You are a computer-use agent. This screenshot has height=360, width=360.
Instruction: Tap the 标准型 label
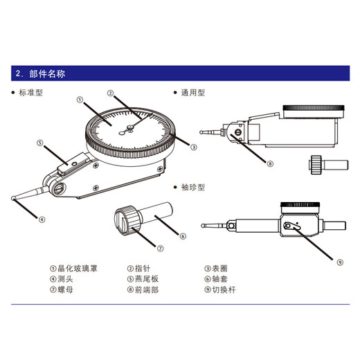[30, 92]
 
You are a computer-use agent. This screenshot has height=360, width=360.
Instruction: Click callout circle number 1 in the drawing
[80, 100]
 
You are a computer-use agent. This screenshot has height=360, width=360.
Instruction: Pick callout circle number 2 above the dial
[109, 92]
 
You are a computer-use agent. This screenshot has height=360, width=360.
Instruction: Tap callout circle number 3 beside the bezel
[193, 147]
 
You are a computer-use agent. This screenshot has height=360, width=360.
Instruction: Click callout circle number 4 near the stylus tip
[42, 220]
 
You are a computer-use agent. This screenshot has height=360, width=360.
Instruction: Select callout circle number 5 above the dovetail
[41, 143]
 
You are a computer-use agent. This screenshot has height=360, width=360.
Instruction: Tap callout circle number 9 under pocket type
[321, 262]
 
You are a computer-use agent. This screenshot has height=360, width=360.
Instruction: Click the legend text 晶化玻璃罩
[77, 269]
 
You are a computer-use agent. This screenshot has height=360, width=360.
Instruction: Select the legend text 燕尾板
[147, 280]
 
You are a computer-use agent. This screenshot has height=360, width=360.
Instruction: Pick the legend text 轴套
[219, 280]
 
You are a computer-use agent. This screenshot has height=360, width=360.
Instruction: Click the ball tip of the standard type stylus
[14, 199]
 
